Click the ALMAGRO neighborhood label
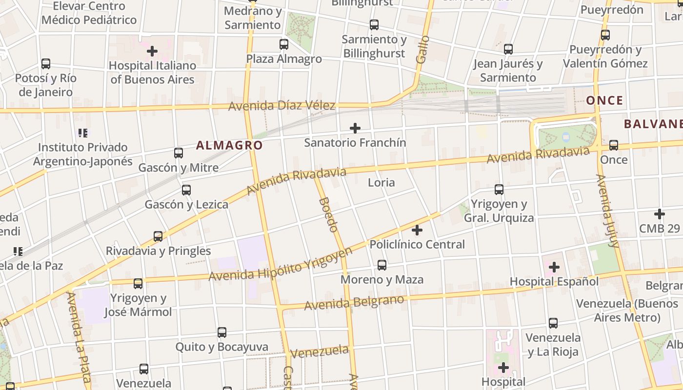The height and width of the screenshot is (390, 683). point(229,145)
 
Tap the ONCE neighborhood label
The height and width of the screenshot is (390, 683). point(604,100)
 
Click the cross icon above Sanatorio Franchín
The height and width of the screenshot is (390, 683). point(355,128)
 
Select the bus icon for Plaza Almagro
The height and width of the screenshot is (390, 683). point(284,44)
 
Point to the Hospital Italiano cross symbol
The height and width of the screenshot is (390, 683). point(152,51)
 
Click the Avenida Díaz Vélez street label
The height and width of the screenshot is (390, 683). point(281,105)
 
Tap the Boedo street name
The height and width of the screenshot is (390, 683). point(328,214)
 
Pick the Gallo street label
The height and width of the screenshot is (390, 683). point(422,49)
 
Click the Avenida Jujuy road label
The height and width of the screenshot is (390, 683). point(607,211)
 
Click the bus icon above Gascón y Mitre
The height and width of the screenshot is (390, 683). point(179,153)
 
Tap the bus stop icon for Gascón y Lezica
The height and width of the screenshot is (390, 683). point(186,190)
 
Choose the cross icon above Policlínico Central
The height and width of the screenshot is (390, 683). point(417,230)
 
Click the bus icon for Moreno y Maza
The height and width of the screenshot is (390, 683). point(382,265)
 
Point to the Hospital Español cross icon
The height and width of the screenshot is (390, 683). point(554,267)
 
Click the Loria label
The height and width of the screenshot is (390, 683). point(381,182)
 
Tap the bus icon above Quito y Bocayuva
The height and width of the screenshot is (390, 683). point(222,332)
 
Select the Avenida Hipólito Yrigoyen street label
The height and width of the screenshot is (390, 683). point(281,266)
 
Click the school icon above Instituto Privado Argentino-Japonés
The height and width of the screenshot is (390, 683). point(83,133)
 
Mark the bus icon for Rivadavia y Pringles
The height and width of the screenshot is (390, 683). point(158,236)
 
